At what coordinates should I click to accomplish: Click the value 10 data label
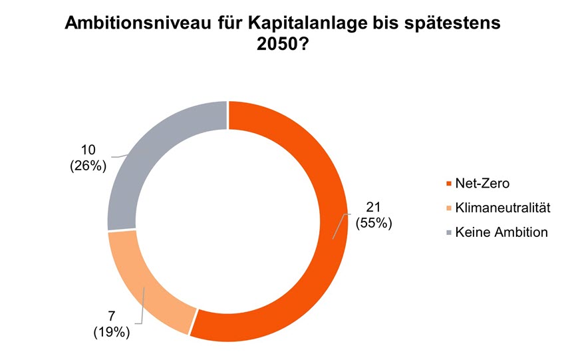click(x=88, y=150)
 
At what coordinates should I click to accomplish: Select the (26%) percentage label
click(x=88, y=166)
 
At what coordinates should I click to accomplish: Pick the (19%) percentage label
click(x=111, y=332)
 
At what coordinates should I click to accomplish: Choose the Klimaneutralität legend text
click(x=503, y=208)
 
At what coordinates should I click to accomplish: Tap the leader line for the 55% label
click(x=340, y=226)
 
